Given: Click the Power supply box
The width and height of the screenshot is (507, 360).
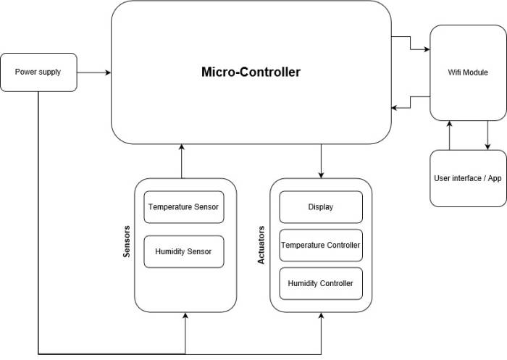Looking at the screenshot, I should click(x=39, y=72).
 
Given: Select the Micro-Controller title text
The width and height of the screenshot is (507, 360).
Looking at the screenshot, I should click(x=251, y=72).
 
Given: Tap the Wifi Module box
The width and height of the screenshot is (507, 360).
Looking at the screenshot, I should click(x=468, y=72).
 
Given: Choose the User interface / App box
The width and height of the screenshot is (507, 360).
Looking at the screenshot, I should click(x=468, y=178).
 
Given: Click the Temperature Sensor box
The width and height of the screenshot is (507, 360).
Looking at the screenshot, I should click(x=183, y=207).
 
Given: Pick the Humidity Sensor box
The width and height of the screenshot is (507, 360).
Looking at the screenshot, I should click(x=183, y=252).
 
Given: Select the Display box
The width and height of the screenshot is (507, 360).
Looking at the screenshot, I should click(x=321, y=207).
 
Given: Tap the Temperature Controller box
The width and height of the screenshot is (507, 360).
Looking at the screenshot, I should click(x=321, y=245).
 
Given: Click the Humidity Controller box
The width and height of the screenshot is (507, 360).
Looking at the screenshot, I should click(x=321, y=283).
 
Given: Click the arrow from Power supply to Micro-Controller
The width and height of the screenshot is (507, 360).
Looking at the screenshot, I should click(x=93, y=72).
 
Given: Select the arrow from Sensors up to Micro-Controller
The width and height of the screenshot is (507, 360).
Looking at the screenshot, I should click(x=180, y=161).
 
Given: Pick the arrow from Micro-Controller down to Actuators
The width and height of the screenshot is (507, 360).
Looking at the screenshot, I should click(x=321, y=161).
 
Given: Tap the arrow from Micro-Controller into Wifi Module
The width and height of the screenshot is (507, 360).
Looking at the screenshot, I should click(x=411, y=43).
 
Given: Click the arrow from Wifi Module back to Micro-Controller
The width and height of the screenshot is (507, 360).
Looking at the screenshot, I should click(x=411, y=101).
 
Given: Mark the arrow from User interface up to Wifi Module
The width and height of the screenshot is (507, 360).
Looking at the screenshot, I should click(x=450, y=135).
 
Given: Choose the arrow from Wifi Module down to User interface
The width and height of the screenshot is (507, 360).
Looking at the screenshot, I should click(x=487, y=135).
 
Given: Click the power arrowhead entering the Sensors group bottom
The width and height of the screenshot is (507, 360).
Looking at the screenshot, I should click(x=186, y=317).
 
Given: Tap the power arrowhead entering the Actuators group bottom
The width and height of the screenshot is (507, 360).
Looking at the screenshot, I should click(x=321, y=317).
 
